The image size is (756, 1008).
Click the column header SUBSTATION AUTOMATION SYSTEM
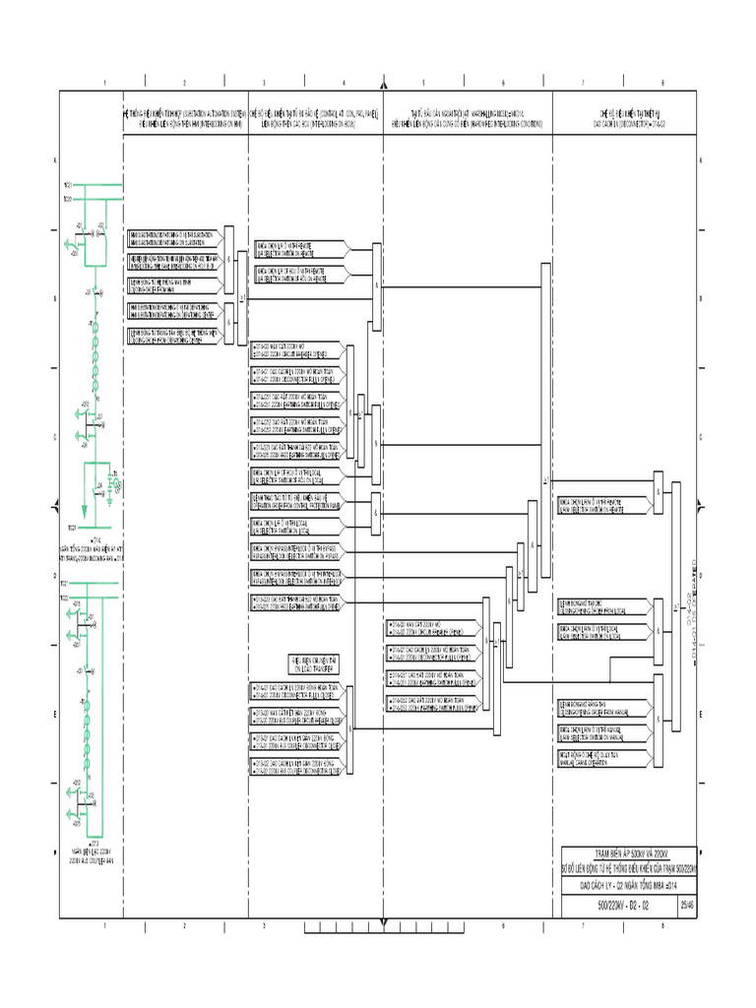(184, 119)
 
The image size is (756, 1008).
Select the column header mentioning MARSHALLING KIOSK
(468, 119)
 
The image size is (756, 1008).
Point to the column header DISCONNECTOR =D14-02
(627, 119)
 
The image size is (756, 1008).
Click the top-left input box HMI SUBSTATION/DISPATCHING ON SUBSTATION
(174, 237)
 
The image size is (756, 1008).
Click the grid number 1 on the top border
(104, 83)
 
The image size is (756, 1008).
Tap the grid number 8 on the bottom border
(662, 926)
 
